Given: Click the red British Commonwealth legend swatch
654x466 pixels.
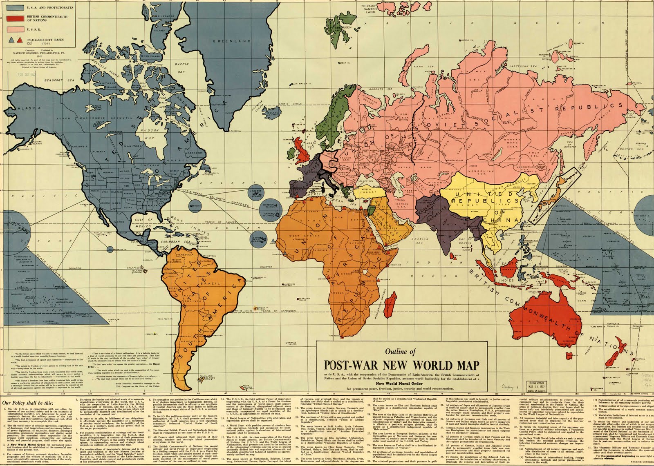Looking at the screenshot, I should point(16,19).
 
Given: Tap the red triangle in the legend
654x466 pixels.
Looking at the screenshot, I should point(20,40).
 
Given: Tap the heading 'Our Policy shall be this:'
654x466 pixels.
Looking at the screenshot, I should point(28,402).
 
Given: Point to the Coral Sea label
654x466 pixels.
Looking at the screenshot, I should point(582,300).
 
